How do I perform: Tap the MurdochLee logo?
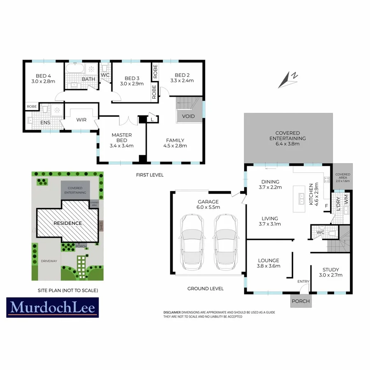[53, 307]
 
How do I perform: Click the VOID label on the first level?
[188, 116]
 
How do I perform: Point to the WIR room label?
[81, 120]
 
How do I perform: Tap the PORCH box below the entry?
[301, 301]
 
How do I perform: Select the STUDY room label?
[331, 270]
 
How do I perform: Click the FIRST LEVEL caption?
[150, 175]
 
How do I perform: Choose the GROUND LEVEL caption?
[206, 289]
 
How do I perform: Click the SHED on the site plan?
[101, 226]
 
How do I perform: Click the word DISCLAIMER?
[172, 312]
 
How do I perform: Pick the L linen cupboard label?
[153, 119]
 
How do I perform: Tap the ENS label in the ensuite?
[45, 122]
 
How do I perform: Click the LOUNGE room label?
[269, 260]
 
